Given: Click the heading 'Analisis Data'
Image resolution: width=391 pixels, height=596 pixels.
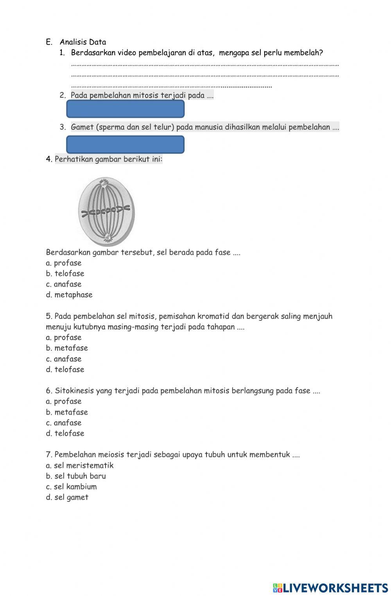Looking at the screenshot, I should [83, 42].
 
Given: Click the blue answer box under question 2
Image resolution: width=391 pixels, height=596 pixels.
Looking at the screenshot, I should [125, 109].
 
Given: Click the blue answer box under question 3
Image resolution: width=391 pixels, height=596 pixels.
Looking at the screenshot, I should [125, 144].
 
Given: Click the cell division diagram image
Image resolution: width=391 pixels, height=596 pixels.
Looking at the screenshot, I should [106, 211].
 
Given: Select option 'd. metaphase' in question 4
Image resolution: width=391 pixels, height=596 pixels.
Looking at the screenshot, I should [69, 295].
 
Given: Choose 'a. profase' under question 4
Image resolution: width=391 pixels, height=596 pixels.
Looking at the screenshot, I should [64, 263].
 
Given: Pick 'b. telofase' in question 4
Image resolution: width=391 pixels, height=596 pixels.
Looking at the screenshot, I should [65, 274].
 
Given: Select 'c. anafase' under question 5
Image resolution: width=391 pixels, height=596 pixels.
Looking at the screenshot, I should [64, 359].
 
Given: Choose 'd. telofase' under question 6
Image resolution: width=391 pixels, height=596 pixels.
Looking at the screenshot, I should [65, 433].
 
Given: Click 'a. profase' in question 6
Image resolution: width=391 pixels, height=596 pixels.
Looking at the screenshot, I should [64, 401].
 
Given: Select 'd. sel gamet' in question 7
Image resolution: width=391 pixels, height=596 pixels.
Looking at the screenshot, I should [67, 497].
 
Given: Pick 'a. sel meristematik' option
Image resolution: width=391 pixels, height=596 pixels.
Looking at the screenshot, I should [79, 465].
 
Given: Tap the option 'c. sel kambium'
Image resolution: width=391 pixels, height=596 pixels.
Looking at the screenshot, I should [71, 487].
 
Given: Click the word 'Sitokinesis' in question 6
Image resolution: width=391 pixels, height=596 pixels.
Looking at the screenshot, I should [74, 391].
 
